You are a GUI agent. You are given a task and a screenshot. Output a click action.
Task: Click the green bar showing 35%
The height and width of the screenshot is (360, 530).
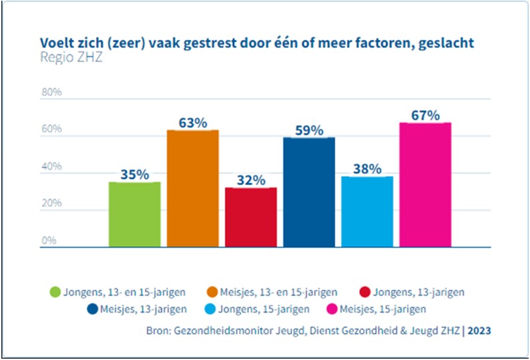click(x=134, y=214)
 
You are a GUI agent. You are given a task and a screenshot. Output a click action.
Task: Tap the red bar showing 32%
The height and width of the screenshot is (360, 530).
click(x=251, y=217)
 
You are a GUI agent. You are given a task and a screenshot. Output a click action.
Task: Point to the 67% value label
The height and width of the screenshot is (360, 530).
click(x=425, y=115)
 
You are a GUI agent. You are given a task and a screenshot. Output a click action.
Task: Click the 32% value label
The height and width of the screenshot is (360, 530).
click(x=251, y=180)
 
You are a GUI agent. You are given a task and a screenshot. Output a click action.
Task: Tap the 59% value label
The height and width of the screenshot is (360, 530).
click(x=309, y=130)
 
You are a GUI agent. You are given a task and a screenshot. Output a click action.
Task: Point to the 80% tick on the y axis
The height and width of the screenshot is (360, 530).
click(x=52, y=92)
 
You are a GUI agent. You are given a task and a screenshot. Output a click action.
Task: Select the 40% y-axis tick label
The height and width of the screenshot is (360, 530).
click(x=52, y=166)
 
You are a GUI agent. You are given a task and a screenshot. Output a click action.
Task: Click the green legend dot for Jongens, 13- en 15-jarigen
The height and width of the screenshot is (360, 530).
click(x=55, y=292)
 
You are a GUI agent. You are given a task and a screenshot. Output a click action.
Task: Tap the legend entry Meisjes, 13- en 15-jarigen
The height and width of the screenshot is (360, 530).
click(x=280, y=292)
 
